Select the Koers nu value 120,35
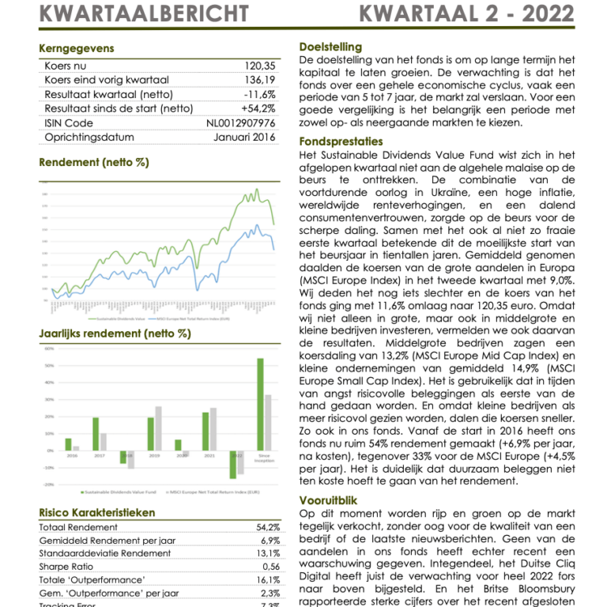tap(259, 66)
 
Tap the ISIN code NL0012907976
tap(241, 123)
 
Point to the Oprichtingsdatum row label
tap(89, 138)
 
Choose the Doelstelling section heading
tap(331, 47)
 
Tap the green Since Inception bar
tap(260, 404)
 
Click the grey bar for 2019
tap(158, 428)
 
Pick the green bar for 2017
tap(96, 434)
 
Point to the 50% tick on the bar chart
tap(48, 366)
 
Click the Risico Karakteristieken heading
tap(96, 512)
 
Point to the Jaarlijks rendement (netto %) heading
tap(115, 334)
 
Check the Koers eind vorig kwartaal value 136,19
tap(259, 81)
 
